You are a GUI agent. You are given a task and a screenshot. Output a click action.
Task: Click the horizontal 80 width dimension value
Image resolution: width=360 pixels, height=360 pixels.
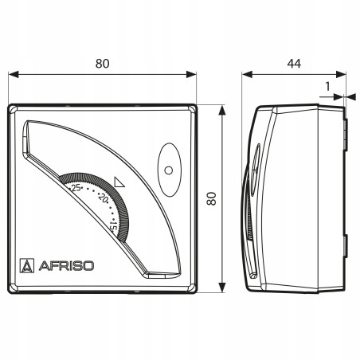click(102, 64)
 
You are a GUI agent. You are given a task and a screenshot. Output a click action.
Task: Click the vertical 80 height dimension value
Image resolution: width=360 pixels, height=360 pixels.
click(212, 199)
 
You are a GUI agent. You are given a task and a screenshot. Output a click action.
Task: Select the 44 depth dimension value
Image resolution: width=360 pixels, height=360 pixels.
click(294, 64)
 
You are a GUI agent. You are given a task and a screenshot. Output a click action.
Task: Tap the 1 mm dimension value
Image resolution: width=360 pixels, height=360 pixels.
click(327, 87)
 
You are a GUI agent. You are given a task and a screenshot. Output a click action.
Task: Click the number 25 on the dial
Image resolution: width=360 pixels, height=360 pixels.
click(76, 188)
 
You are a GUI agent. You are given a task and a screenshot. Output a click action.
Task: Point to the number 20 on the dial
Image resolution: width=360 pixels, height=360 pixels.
click(103, 198)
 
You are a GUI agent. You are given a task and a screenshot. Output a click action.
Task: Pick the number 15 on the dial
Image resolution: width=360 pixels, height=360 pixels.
click(113, 227)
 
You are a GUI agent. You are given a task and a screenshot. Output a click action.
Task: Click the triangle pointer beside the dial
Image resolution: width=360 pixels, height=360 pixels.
click(119, 182)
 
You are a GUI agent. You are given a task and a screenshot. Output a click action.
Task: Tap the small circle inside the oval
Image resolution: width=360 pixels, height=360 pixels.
click(169, 170)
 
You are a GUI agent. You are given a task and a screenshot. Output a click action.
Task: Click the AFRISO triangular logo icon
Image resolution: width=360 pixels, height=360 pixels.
click(27, 266)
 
